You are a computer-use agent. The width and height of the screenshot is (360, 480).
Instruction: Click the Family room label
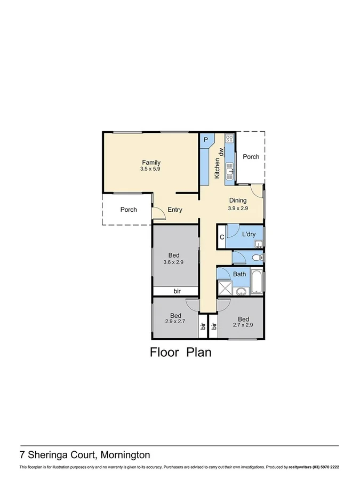(x=151, y=163)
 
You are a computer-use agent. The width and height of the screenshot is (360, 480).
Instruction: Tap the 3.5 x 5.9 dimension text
(x=151, y=169)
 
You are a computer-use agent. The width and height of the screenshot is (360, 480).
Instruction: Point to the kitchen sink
(x=230, y=172)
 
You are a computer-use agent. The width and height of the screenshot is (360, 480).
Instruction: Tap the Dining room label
(x=238, y=201)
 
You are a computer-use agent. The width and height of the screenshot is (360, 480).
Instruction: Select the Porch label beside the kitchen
(x=251, y=157)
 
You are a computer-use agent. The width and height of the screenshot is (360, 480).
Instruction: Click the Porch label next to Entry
(x=128, y=210)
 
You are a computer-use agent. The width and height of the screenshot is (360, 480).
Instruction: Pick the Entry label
(x=175, y=210)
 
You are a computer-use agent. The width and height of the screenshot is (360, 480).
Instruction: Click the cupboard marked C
(x=221, y=237)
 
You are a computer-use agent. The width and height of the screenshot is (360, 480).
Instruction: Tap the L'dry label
(x=249, y=235)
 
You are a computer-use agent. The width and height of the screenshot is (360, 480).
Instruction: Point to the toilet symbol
(x=257, y=258)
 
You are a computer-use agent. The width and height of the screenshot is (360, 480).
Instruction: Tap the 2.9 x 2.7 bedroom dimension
(x=174, y=322)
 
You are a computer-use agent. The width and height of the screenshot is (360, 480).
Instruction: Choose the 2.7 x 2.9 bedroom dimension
(x=242, y=324)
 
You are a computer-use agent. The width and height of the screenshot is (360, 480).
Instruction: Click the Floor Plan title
(x=180, y=352)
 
